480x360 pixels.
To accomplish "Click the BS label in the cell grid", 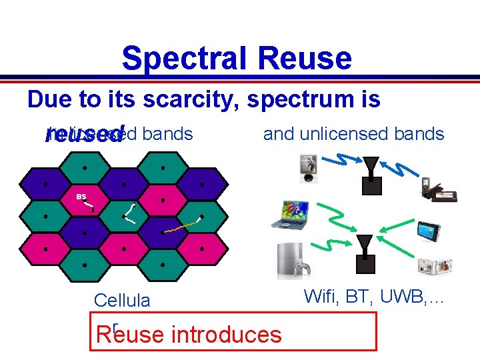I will tap(81, 197).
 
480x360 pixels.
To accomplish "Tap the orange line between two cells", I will tap(183, 225).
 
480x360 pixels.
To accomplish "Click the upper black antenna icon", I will tap(371, 175).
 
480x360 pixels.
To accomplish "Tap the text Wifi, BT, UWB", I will tap(374, 296).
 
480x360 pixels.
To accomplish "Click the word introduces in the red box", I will tap(226, 334).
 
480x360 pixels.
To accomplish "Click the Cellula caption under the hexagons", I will tap(122, 301).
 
